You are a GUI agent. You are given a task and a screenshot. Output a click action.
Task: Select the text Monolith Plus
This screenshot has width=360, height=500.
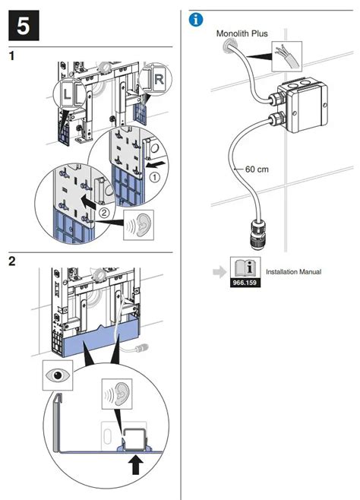coord(242,34)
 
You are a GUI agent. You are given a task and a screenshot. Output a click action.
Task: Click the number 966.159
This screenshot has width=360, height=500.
coord(243,280)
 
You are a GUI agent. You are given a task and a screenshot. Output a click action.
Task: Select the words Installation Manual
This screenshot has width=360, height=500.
coord(293,271)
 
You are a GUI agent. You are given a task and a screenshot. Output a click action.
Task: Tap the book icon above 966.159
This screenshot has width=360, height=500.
coord(243,267)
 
